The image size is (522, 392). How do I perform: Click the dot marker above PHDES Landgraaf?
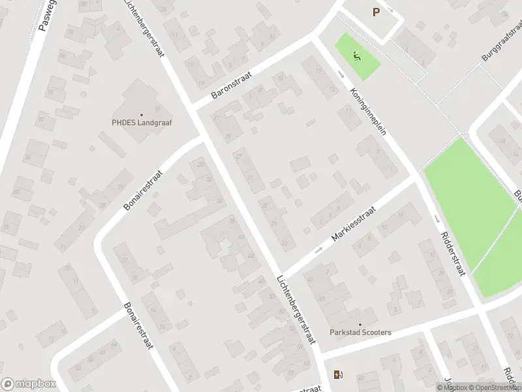pos(141,114)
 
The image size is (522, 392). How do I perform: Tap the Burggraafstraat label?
pos(501,45)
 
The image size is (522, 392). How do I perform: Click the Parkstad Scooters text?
pos(360,333)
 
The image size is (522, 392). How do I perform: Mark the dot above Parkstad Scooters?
pos(360,324)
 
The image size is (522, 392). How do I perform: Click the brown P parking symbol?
pos(376,12)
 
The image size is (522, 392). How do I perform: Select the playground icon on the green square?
pos(356,56)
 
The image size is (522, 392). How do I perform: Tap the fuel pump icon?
pos(338,375)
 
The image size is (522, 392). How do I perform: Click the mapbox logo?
pos(28,384)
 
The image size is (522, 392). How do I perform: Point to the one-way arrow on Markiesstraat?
pos(319,249)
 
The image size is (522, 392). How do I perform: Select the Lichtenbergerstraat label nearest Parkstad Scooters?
pos(296,308)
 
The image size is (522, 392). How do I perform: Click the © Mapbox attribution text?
pos(452,387)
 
